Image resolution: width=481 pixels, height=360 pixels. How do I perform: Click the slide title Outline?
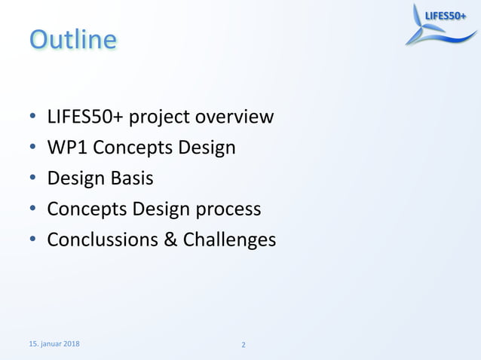click(73, 39)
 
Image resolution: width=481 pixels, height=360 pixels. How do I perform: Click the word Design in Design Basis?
click(74, 178)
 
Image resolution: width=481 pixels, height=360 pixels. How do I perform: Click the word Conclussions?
click(104, 240)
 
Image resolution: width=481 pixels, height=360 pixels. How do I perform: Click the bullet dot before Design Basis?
click(33, 179)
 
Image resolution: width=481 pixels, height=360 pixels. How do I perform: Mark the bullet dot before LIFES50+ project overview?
click(33, 118)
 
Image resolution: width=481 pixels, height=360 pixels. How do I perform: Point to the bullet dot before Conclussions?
click(33, 241)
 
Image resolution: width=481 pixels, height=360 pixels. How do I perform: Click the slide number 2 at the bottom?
click(243, 346)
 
